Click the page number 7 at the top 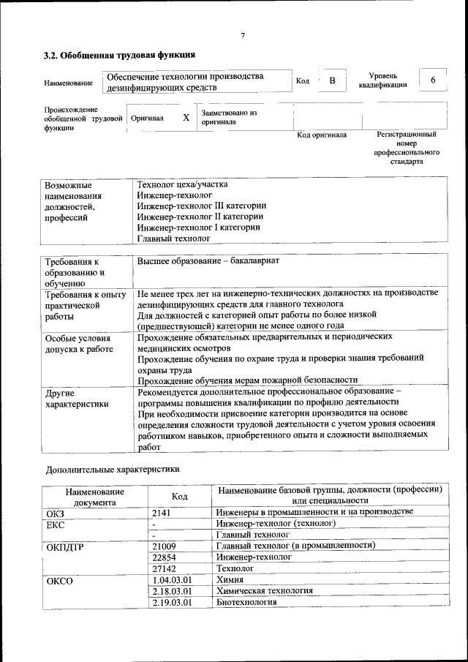click(x=242, y=36)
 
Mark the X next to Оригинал click(x=186, y=118)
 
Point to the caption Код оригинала click(x=322, y=135)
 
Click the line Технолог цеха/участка click(x=183, y=185)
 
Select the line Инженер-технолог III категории click(x=201, y=206)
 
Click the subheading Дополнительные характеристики click(x=112, y=468)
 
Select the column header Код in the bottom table click(x=179, y=497)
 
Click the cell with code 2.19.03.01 click(x=172, y=602)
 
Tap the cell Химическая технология click(x=265, y=590)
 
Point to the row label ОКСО click(x=60, y=580)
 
